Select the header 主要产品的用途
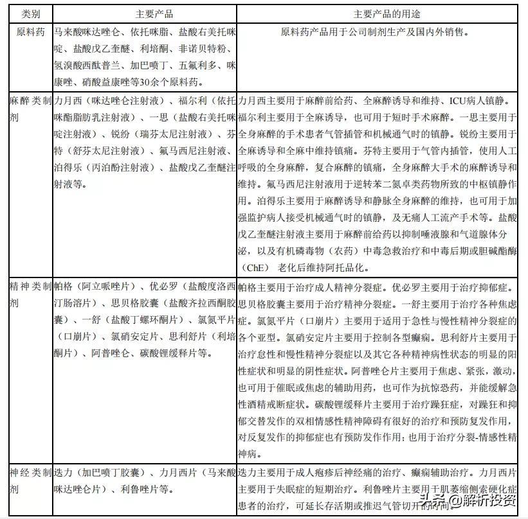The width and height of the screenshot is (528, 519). point(382,13)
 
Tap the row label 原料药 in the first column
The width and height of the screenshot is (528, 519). point(26,31)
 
